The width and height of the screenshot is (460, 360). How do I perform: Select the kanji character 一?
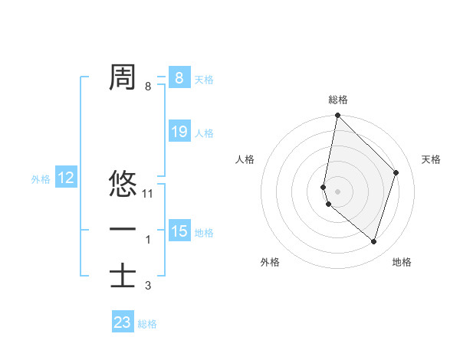pos(123,230)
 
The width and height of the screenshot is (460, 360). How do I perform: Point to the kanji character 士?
pos(123,275)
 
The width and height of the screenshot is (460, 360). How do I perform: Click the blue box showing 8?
pos(179,77)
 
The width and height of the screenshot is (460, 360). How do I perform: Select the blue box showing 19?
pos(179,132)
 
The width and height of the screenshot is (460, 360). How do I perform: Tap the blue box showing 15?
pos(179,231)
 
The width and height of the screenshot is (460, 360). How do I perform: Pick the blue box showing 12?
pos(66,178)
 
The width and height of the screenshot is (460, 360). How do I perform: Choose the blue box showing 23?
pos(122,322)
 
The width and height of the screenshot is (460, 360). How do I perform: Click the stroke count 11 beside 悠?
pos(149,194)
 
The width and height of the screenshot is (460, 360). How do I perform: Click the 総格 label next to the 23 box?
pos(147,324)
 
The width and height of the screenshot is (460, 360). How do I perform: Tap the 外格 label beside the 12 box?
pos(41,179)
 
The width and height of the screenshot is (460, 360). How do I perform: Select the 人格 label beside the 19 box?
pos(204,133)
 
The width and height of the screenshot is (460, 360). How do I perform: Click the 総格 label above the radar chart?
pos(338,100)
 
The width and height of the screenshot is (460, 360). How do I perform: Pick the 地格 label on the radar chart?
pos(402,262)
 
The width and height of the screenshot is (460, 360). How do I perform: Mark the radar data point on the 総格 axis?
pos(337,116)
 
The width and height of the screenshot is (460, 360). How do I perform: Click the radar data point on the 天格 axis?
pos(396,172)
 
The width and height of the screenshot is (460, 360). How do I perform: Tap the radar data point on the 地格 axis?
pos(374,241)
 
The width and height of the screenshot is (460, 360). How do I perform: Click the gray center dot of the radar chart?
pos(337,191)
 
